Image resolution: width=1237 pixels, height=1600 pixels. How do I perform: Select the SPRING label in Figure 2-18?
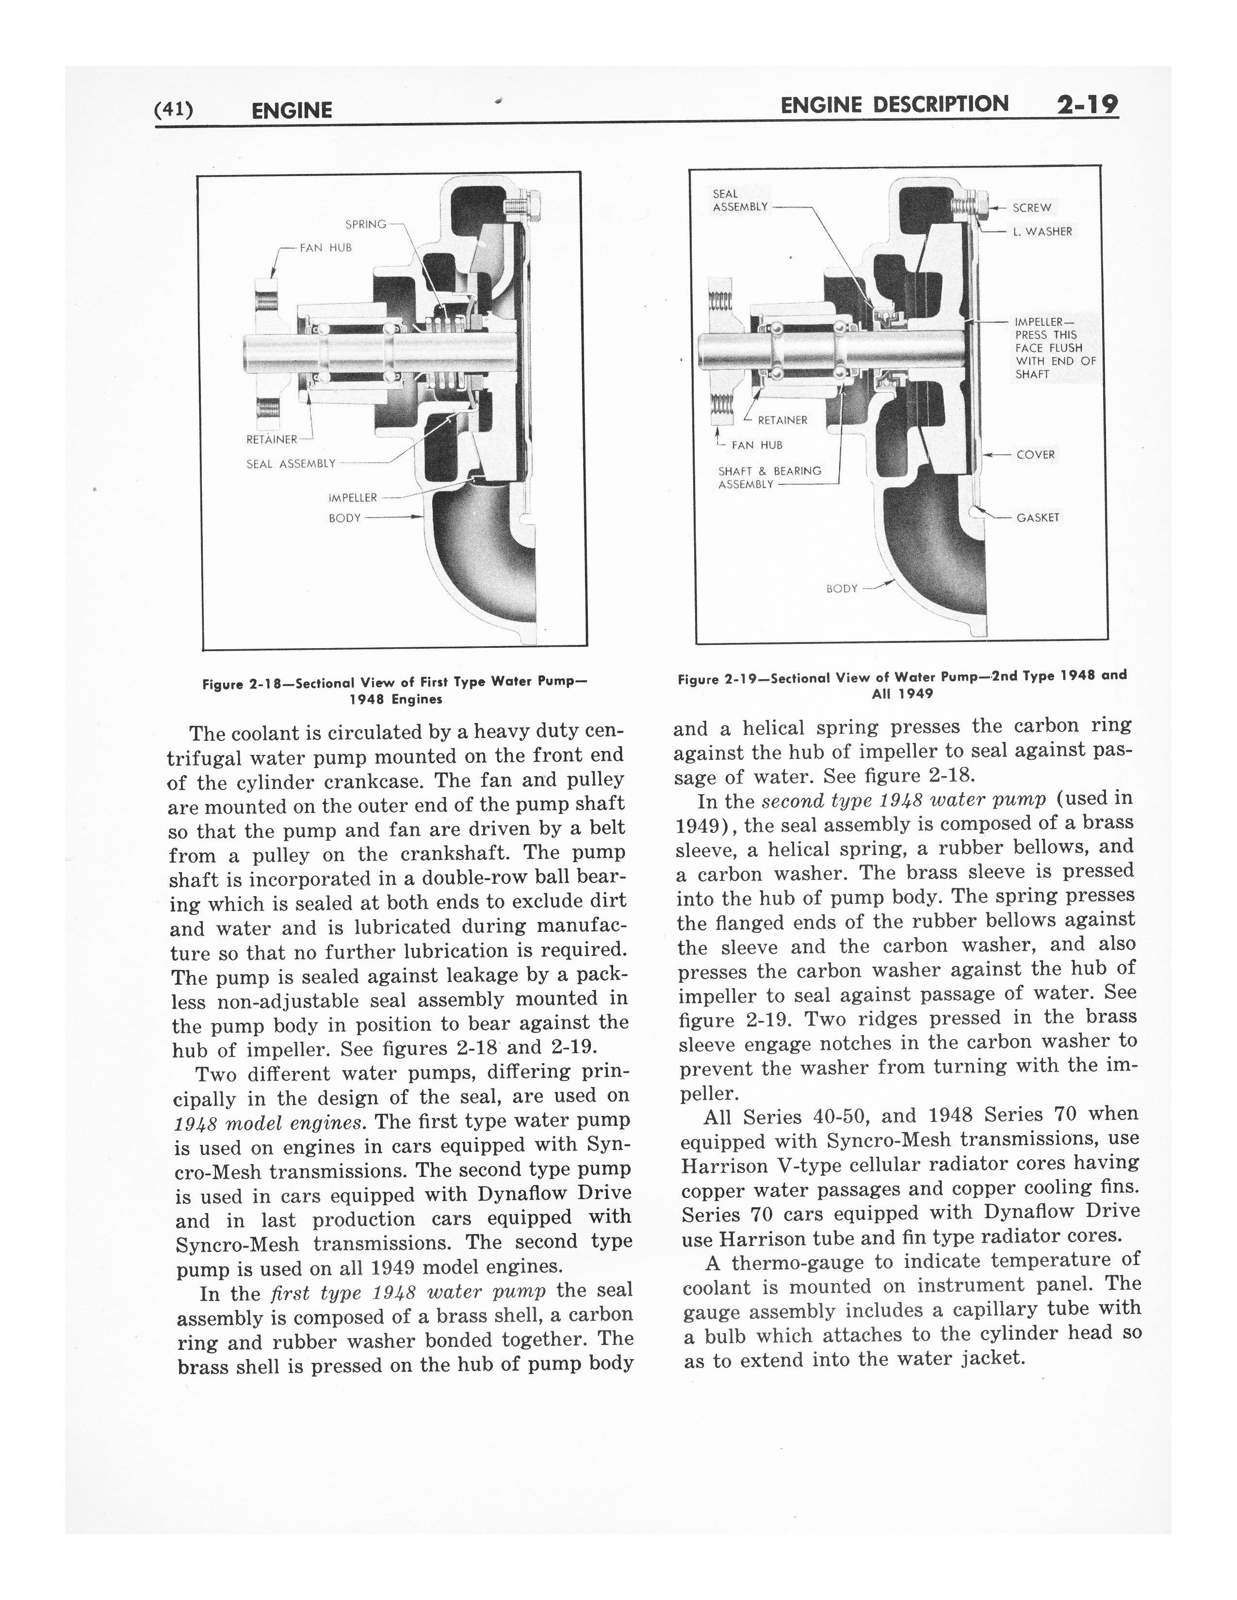(366, 224)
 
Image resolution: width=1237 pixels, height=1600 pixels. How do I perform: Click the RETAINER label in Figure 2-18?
(272, 440)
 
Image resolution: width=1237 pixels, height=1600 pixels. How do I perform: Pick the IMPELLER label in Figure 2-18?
(353, 498)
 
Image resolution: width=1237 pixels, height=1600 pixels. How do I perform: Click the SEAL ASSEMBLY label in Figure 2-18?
(291, 464)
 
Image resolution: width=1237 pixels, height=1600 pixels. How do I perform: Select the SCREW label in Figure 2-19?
(1032, 208)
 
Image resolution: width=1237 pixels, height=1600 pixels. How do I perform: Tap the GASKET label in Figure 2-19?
(1038, 518)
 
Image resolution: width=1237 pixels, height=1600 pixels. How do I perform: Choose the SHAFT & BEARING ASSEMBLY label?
(769, 478)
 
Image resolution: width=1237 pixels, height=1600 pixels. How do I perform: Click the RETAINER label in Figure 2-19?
(782, 420)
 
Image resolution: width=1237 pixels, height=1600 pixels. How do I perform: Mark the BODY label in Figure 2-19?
(841, 588)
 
